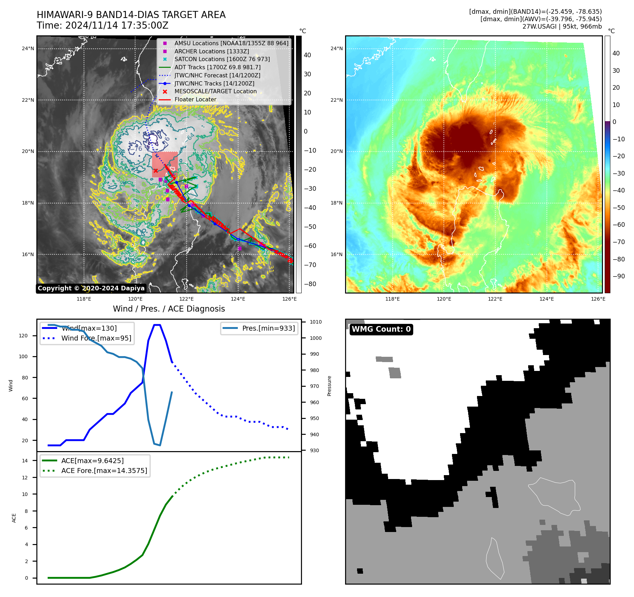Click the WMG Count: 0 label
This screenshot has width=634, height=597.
tap(381, 329)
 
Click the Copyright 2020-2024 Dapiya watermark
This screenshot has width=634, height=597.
tap(91, 288)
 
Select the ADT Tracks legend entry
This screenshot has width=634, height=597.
tap(217, 67)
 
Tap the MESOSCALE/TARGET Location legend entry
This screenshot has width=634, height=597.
tap(215, 91)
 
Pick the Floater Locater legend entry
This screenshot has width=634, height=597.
tap(195, 99)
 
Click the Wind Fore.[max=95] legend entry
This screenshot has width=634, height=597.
tap(96, 338)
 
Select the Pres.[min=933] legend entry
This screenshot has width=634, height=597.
tap(268, 328)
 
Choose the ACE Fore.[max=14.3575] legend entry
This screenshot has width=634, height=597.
tap(104, 471)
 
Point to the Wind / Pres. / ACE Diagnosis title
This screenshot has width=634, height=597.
tap(169, 309)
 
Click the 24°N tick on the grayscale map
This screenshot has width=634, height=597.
tap(28, 49)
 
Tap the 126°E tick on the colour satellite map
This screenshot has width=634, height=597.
tap(598, 299)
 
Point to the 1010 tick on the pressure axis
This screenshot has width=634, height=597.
tap(315, 322)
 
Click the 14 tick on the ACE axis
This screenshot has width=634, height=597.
tap(25, 460)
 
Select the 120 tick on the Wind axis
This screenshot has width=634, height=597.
tap(23, 336)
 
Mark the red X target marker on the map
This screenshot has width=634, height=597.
tap(156, 171)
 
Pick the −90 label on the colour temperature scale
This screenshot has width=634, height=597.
tap(618, 276)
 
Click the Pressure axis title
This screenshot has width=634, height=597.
tap(329, 386)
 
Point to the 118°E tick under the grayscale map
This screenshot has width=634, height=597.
tap(84, 299)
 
